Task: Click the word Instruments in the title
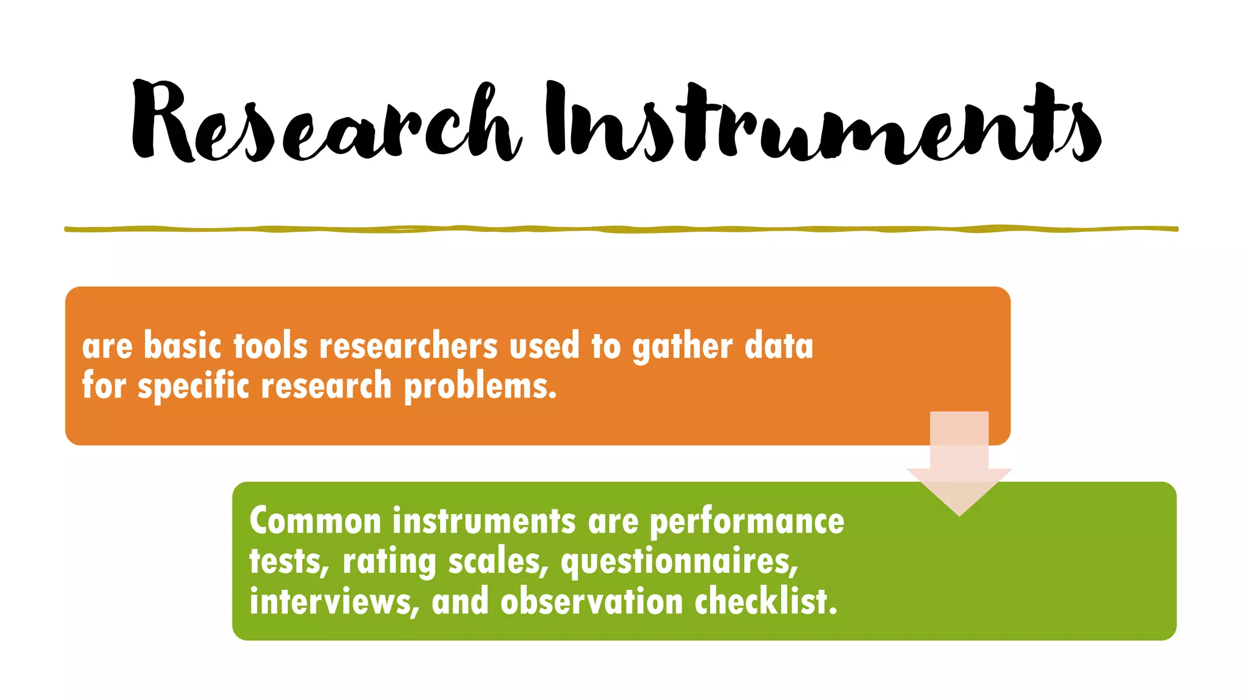pos(822,124)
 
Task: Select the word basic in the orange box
pos(183,346)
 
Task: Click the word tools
pos(271,346)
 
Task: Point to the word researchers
pos(408,346)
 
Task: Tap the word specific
pos(193,387)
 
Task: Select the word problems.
pos(480,387)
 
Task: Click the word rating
pos(389,562)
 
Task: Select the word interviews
pos(334,601)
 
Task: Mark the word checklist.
pos(766,601)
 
